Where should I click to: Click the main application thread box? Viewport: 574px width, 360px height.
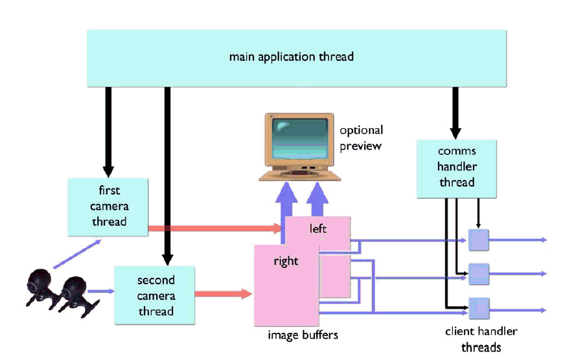[292, 57]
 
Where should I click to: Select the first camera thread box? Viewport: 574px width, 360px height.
[109, 207]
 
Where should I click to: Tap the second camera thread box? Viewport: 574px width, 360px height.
[155, 295]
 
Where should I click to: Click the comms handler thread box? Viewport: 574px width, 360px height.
[457, 167]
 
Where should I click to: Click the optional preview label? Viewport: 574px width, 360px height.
[361, 138]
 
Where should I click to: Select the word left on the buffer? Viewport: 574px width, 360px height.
[318, 229]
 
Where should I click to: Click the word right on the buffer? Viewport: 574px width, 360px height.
[286, 262]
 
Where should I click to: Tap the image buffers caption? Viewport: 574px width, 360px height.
[303, 335]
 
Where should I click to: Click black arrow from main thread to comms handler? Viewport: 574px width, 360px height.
[456, 110]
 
